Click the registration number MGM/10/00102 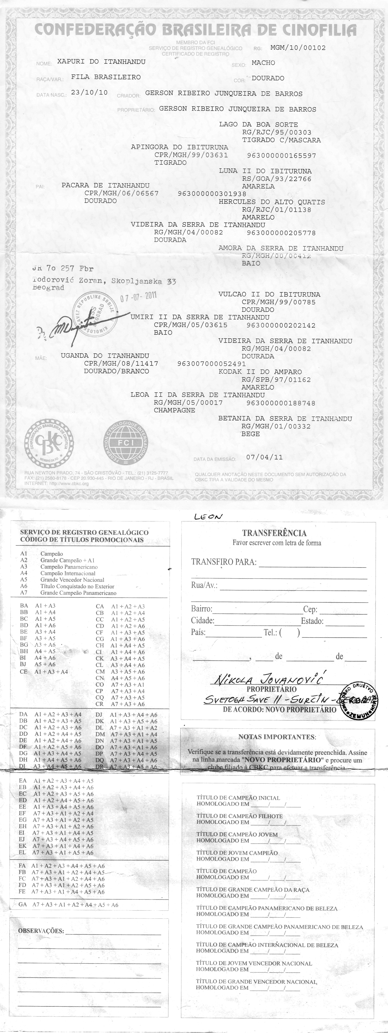tap(298, 48)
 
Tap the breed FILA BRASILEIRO tap(106, 77)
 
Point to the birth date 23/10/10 tap(89, 92)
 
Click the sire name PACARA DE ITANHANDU tap(105, 185)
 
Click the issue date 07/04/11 tap(264, 457)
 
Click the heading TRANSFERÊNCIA tap(274, 533)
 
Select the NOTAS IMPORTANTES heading tap(277, 737)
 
